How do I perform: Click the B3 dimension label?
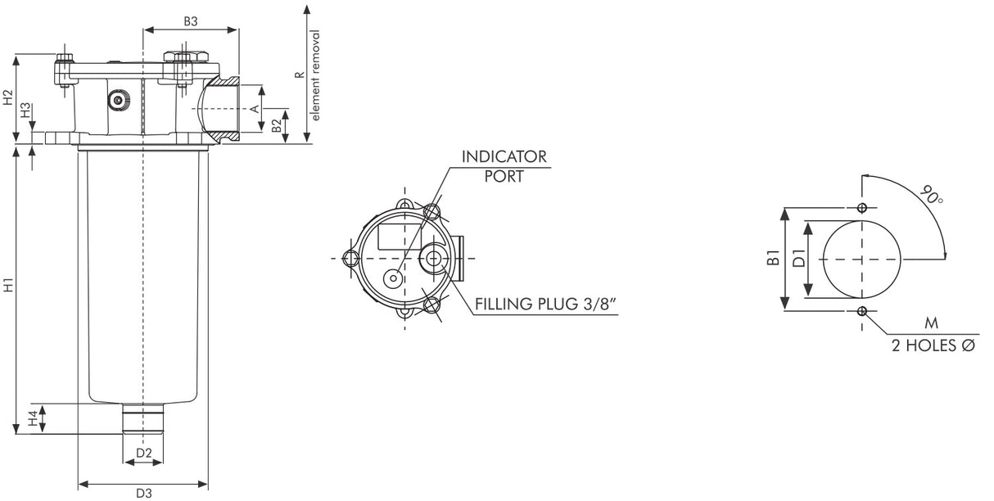pos(190,22)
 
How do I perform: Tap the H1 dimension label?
pos(8,287)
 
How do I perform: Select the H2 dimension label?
pos(8,98)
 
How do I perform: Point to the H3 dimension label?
pos(26,111)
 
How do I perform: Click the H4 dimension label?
pos(33,418)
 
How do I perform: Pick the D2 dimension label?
pos(144,453)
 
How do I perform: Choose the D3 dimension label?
pos(144,493)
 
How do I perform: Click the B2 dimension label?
pos(278,126)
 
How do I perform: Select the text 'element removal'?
pos(316,75)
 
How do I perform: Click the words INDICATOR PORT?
pos(504,166)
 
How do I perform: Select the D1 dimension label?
pos(797,260)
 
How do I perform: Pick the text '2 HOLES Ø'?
pos(933,345)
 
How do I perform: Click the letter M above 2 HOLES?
pos(931,325)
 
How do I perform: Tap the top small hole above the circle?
pos(861,207)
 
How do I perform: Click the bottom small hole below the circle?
pos(861,310)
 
